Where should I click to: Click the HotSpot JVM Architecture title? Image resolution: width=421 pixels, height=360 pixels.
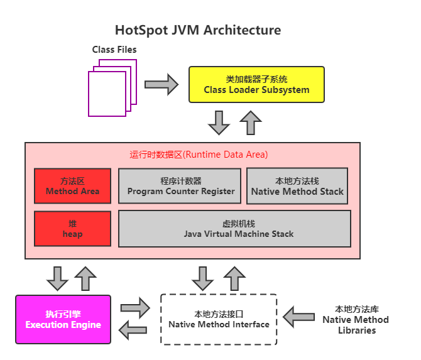pos(197,30)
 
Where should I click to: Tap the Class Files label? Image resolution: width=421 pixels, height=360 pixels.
pos(114,49)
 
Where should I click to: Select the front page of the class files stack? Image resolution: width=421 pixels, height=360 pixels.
pos(107,93)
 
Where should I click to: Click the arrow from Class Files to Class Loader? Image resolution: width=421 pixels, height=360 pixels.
pos(161,84)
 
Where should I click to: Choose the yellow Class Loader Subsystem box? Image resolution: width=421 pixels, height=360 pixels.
pos(256,84)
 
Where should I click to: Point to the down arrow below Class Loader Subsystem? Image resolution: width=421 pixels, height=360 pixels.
pos(219,123)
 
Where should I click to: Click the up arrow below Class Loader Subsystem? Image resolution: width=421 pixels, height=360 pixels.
pos(251,123)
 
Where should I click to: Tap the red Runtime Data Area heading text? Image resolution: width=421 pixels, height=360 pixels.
pos(199,155)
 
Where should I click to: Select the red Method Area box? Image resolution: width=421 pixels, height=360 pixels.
pos(72,185)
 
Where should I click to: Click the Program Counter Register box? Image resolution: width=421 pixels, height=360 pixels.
pos(180,185)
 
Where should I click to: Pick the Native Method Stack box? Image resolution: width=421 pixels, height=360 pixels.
pos(297,185)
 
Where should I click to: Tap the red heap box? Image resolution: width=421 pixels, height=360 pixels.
pos(72,229)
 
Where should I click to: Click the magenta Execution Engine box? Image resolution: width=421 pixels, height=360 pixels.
pos(63,319)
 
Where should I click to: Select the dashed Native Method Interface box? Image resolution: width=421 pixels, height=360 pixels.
pos(219,319)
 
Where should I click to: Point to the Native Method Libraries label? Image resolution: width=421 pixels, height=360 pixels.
pos(355,319)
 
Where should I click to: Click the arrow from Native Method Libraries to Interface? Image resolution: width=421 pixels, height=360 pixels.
pos(299,316)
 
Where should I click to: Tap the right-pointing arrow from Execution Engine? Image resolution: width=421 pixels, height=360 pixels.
pos(134,308)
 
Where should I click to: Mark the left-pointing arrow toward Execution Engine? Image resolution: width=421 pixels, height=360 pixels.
pos(134,329)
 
